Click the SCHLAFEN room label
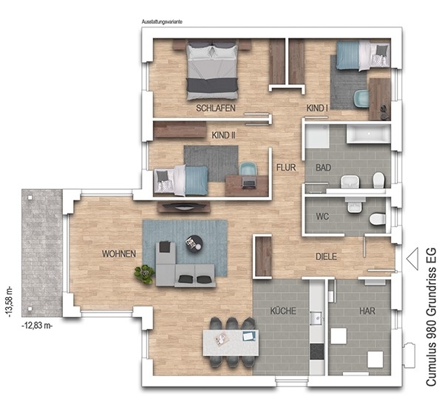216,108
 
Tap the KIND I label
317,108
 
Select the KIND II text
223,135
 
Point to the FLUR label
286,168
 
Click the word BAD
323,168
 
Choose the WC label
322,217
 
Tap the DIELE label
326,256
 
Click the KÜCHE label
283,310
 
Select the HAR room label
367,311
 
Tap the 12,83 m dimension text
37,326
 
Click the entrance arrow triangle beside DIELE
412,259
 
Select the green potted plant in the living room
145,273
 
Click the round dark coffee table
194,242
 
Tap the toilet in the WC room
377,219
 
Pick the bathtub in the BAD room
369,135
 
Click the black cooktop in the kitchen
317,351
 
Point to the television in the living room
184,206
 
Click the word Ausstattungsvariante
162,21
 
